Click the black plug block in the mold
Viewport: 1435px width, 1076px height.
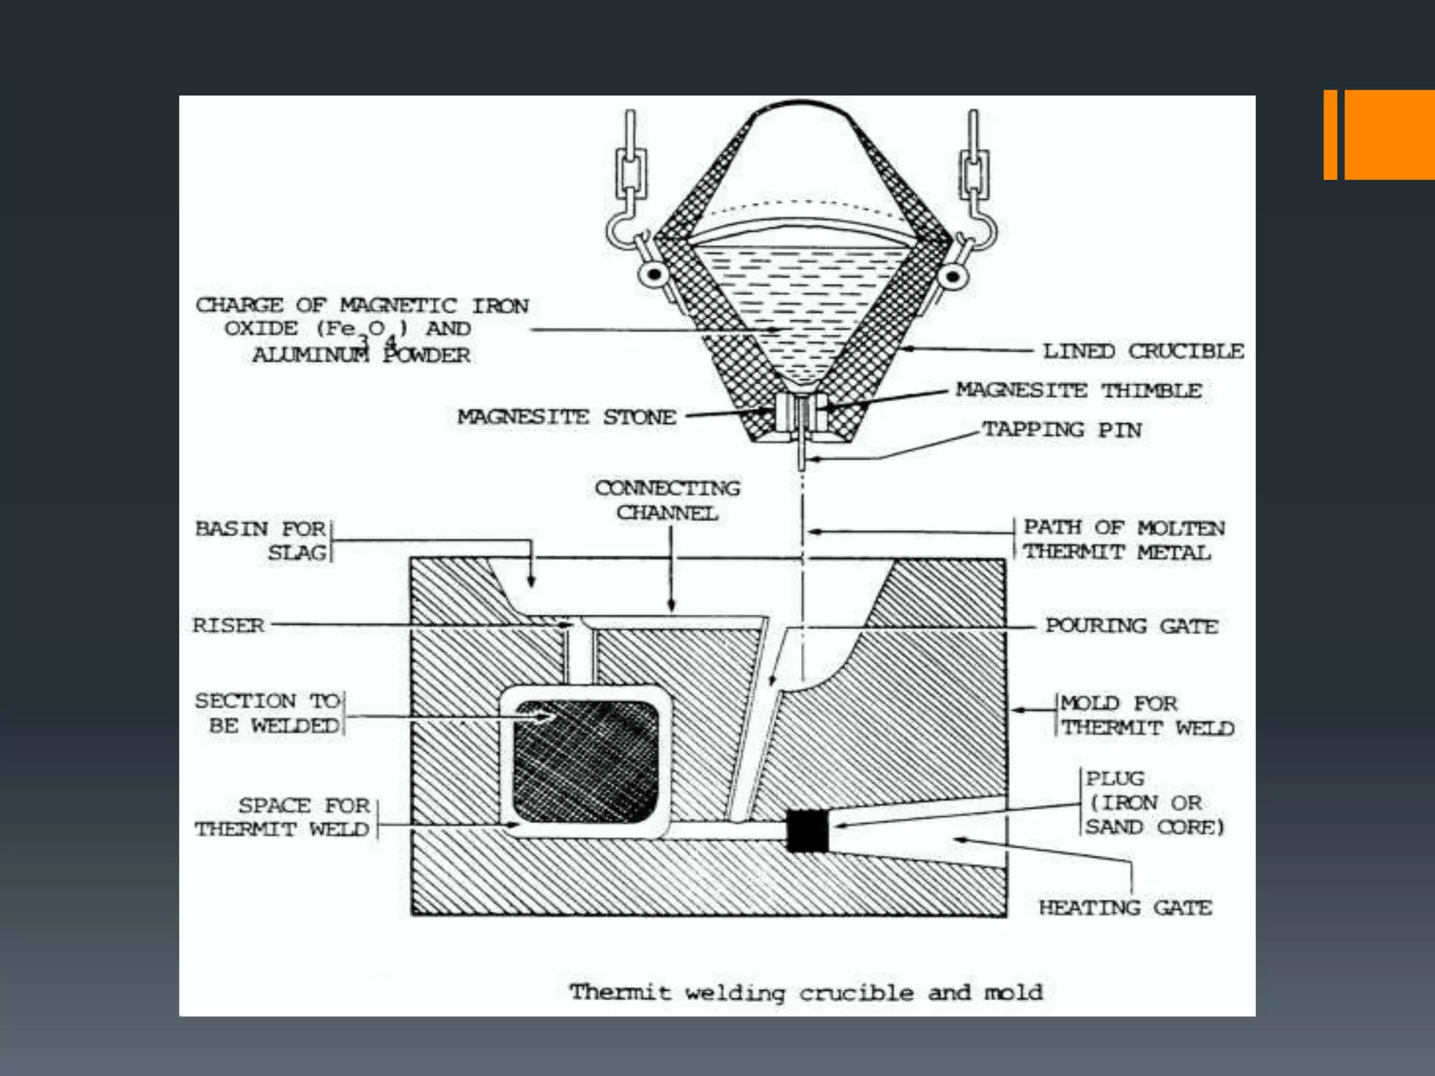pyautogui.click(x=807, y=831)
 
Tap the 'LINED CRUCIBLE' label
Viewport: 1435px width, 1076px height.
pyautogui.click(x=1143, y=351)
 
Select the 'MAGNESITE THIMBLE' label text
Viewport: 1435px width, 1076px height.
pyautogui.click(x=1078, y=390)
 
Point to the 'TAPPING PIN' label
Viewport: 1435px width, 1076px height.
pyautogui.click(x=1061, y=429)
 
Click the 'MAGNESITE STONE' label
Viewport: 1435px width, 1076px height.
pyautogui.click(x=566, y=417)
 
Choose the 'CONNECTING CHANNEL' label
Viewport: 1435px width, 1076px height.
pyautogui.click(x=667, y=500)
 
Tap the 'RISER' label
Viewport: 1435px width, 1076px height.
pyautogui.click(x=228, y=625)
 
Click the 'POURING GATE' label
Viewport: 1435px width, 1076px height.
pyautogui.click(x=1131, y=626)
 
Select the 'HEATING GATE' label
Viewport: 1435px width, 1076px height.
pyautogui.click(x=1125, y=908)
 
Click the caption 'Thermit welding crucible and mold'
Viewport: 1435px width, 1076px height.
pyautogui.click(x=806, y=993)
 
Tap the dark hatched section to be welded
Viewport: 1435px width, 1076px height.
pyautogui.click(x=586, y=761)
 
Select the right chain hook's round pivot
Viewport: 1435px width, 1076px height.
pyautogui.click(x=952, y=275)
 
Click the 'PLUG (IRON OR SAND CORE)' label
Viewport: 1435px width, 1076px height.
pyautogui.click(x=1154, y=803)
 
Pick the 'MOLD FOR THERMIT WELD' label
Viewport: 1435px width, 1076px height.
pyautogui.click(x=1146, y=715)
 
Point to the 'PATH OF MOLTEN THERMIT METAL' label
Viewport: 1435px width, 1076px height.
pyautogui.click(x=1123, y=539)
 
